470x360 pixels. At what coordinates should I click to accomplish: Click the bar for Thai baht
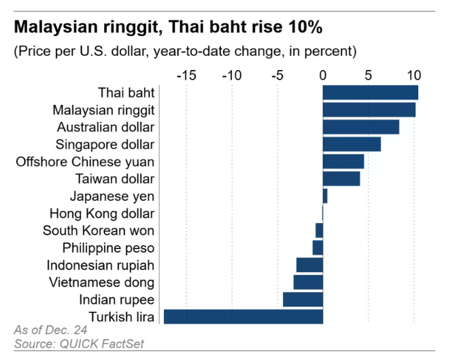pyautogui.click(x=370, y=93)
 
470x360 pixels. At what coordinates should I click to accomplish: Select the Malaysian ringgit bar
pyautogui.click(x=369, y=110)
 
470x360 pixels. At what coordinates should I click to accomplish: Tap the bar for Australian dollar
pyautogui.click(x=360, y=127)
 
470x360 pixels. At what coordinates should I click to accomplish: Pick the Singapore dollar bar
pyautogui.click(x=352, y=144)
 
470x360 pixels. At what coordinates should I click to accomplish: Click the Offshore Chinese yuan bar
pyautogui.click(x=343, y=161)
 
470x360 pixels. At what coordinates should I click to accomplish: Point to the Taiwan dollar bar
pyautogui.click(x=341, y=178)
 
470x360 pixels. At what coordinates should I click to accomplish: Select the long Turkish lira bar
pyautogui.click(x=244, y=316)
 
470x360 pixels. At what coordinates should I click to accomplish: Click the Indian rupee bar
pyautogui.click(x=303, y=299)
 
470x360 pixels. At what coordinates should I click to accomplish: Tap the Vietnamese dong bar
pyautogui.click(x=308, y=282)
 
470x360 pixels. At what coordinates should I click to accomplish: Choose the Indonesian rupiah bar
pyautogui.click(x=309, y=265)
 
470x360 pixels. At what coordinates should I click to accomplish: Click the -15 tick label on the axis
pyautogui.click(x=186, y=75)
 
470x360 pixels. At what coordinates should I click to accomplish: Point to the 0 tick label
pyautogui.click(x=323, y=75)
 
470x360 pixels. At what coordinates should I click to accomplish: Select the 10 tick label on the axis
pyautogui.click(x=414, y=75)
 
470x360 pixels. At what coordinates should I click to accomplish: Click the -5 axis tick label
pyautogui.click(x=277, y=75)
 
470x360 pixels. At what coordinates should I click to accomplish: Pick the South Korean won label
pyautogui.click(x=99, y=231)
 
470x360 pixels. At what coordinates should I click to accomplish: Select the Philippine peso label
pyautogui.click(x=108, y=248)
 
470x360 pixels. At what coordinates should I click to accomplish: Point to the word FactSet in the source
pyautogui.click(x=123, y=344)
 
